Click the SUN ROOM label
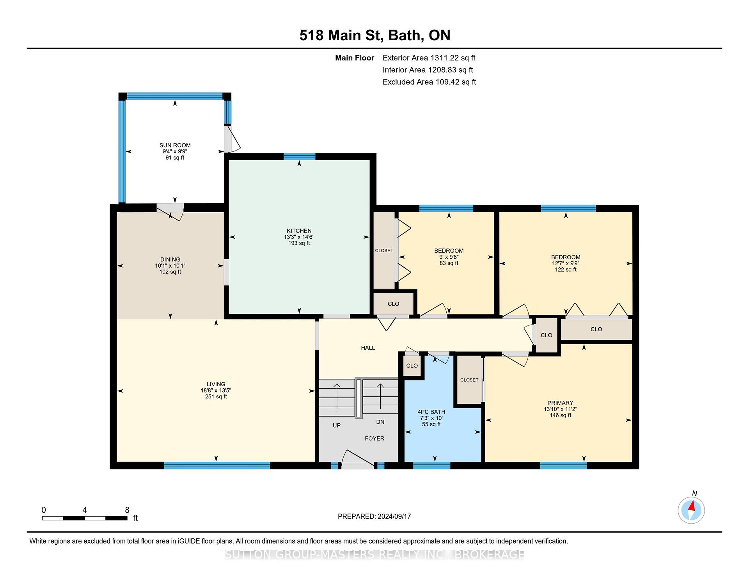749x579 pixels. (175, 145)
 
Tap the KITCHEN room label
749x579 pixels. (299, 231)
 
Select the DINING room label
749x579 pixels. (170, 259)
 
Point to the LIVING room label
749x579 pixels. (216, 384)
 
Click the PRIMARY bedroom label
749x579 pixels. (560, 403)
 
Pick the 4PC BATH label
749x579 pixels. (431, 412)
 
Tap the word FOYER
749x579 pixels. (374, 438)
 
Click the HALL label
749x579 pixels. (368, 348)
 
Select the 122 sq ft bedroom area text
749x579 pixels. (566, 270)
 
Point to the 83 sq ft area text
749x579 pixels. (449, 263)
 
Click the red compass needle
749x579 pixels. (692, 506)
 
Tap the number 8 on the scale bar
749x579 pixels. (127, 510)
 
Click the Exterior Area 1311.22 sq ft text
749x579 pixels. (429, 58)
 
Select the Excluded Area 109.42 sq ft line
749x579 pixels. (430, 82)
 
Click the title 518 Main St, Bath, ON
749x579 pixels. (375, 35)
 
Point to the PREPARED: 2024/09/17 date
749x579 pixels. (374, 516)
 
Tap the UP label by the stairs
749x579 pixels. (337, 425)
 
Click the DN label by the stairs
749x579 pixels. (380, 422)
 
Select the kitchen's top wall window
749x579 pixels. (299, 156)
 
